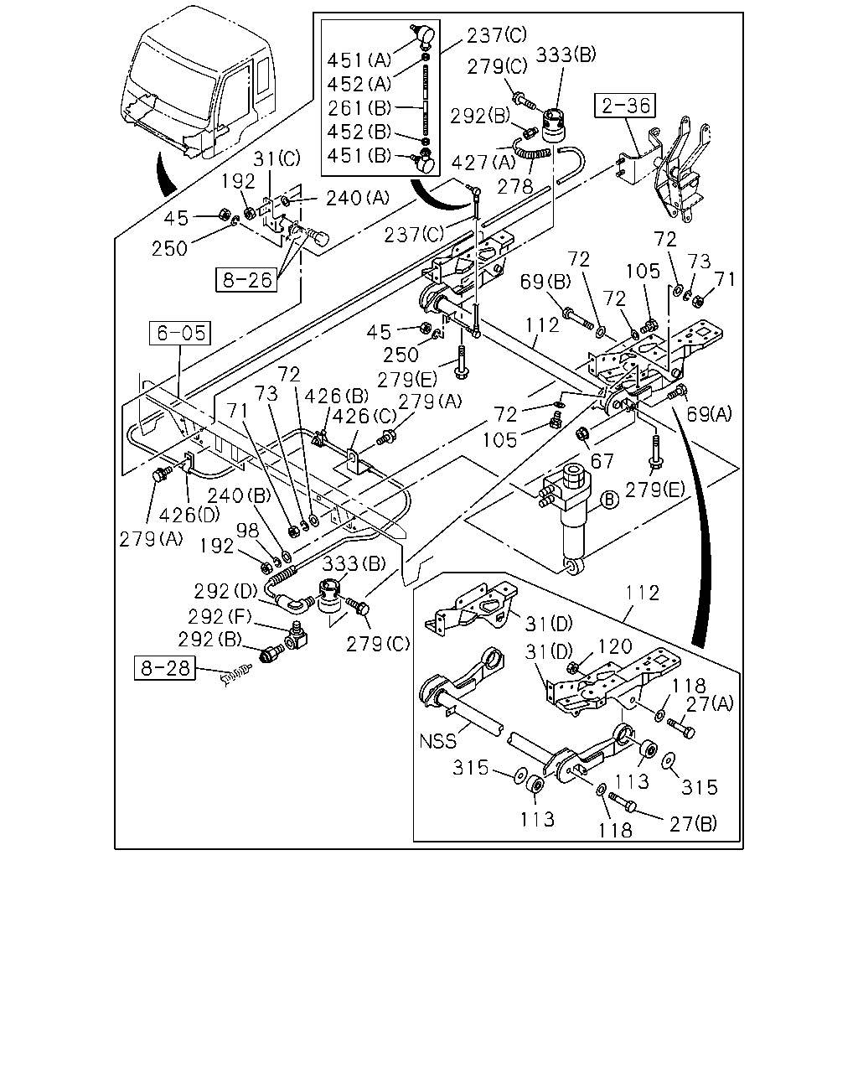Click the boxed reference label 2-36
(625, 106)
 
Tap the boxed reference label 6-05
(180, 333)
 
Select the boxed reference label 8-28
(164, 667)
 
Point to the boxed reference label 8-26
(246, 280)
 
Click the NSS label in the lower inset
(437, 741)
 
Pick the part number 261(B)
(359, 107)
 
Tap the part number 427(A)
(483, 162)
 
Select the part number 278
(515, 186)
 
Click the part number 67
(602, 461)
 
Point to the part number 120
(615, 646)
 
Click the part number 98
(248, 531)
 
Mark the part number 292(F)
(220, 617)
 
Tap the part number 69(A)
(709, 413)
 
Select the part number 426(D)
(189, 515)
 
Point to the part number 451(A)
(359, 60)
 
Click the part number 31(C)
(277, 159)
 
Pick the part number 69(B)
(545, 282)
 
